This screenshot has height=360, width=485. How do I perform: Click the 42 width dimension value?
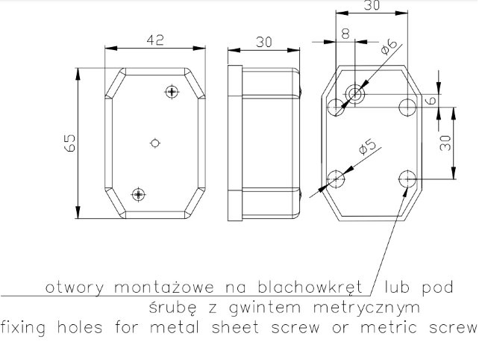(x=155, y=40)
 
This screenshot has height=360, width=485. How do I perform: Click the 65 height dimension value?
(x=70, y=143)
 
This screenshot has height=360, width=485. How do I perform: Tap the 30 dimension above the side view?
(x=264, y=42)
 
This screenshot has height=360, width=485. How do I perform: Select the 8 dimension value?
(x=345, y=34)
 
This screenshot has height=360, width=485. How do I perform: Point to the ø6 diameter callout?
(x=389, y=46)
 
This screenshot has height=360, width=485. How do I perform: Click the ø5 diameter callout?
(x=367, y=146)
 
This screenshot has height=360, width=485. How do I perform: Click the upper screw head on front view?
(x=172, y=92)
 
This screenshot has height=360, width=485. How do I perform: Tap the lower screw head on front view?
(x=139, y=194)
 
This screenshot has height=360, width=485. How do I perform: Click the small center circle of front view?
(x=155, y=143)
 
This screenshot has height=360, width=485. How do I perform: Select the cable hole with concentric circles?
(x=355, y=93)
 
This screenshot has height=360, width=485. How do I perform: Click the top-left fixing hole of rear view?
(x=336, y=107)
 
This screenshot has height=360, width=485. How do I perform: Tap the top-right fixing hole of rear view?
(x=407, y=107)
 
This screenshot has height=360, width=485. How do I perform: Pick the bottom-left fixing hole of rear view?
(x=336, y=179)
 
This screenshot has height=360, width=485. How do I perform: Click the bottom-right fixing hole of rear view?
(x=407, y=179)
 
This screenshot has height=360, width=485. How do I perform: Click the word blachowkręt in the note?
(x=310, y=288)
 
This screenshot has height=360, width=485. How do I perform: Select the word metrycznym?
(x=366, y=308)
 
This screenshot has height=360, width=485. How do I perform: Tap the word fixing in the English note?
(x=23, y=328)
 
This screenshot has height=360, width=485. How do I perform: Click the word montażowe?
(x=164, y=288)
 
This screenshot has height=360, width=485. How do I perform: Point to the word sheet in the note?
(x=235, y=328)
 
